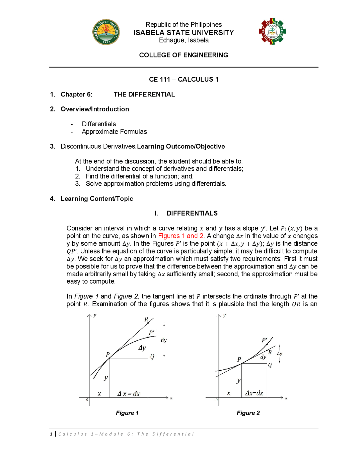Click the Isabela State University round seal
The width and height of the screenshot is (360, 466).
(x=106, y=32)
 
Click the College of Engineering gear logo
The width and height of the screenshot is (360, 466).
(x=272, y=32)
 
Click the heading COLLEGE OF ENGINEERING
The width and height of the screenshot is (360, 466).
(x=183, y=55)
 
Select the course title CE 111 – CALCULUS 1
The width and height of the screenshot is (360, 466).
(x=183, y=79)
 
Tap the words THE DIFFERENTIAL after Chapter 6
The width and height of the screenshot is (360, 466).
(x=144, y=94)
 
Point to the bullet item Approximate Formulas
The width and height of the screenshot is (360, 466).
(x=114, y=132)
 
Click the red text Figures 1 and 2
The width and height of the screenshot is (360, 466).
(x=181, y=236)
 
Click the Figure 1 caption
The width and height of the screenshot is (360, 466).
(x=127, y=413)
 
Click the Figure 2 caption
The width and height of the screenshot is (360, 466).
(x=248, y=413)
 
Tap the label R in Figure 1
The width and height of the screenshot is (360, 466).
(x=146, y=319)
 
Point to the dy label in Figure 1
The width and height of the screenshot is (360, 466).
(x=164, y=340)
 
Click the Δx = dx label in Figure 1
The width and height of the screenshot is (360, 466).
(x=129, y=394)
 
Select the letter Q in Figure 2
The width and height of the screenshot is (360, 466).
(x=270, y=365)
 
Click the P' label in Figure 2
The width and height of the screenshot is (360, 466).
(x=264, y=340)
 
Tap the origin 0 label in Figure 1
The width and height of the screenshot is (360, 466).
(x=87, y=400)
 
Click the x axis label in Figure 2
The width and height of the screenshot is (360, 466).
(x=286, y=398)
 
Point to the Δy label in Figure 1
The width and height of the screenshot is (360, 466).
(x=142, y=348)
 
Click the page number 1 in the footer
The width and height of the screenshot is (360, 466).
(x=51, y=434)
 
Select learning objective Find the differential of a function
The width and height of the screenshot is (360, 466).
(x=139, y=176)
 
